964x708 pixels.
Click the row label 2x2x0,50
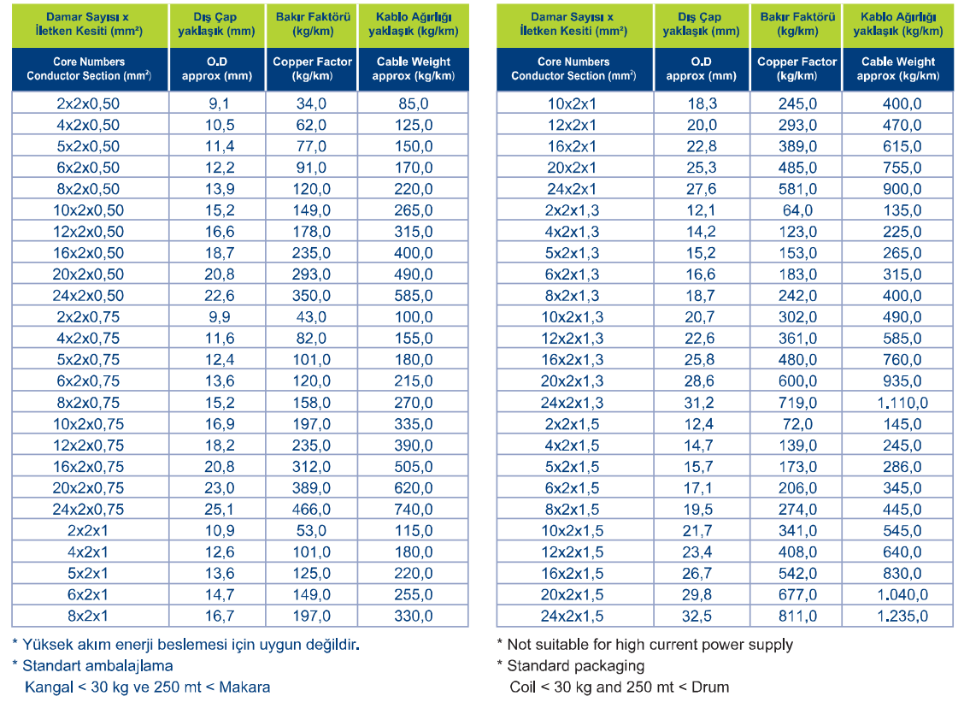(88, 103)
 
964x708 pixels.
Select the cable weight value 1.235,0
(902, 616)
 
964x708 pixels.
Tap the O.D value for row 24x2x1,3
(699, 402)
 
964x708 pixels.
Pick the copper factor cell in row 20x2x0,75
(311, 487)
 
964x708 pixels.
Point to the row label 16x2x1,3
(572, 360)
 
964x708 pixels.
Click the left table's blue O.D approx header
(216, 69)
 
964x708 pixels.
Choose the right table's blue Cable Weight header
(897, 69)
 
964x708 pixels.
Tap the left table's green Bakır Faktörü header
(312, 24)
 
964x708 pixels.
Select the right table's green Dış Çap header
(701, 24)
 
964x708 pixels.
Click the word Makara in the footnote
(244, 687)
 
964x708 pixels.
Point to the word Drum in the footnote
(710, 687)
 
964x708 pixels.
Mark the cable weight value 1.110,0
(902, 402)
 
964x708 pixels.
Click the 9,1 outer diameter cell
(220, 103)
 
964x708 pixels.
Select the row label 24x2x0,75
(88, 510)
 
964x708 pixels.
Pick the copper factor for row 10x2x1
(797, 103)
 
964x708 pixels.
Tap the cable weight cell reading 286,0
(902, 466)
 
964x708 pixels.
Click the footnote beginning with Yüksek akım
(185, 645)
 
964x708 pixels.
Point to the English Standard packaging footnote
(571, 665)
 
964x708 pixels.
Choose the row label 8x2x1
(88, 616)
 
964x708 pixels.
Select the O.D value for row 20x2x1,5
(697, 594)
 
